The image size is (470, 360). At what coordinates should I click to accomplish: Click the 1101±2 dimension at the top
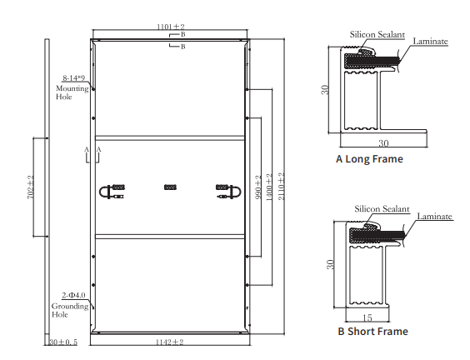click(171, 27)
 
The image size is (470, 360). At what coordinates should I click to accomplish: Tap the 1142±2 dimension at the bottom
click(169, 342)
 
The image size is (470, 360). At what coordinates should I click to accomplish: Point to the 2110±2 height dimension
click(281, 186)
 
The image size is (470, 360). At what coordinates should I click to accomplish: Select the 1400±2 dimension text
click(269, 187)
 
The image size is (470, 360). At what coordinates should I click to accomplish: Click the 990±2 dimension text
click(258, 188)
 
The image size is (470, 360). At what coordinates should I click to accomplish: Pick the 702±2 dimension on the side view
click(31, 187)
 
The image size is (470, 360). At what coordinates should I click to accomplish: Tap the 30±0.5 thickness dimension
click(63, 342)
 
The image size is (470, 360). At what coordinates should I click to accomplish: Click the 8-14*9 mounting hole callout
click(73, 78)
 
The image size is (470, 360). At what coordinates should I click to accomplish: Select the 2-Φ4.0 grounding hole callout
click(73, 295)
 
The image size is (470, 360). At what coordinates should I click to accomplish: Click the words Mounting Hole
click(72, 92)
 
